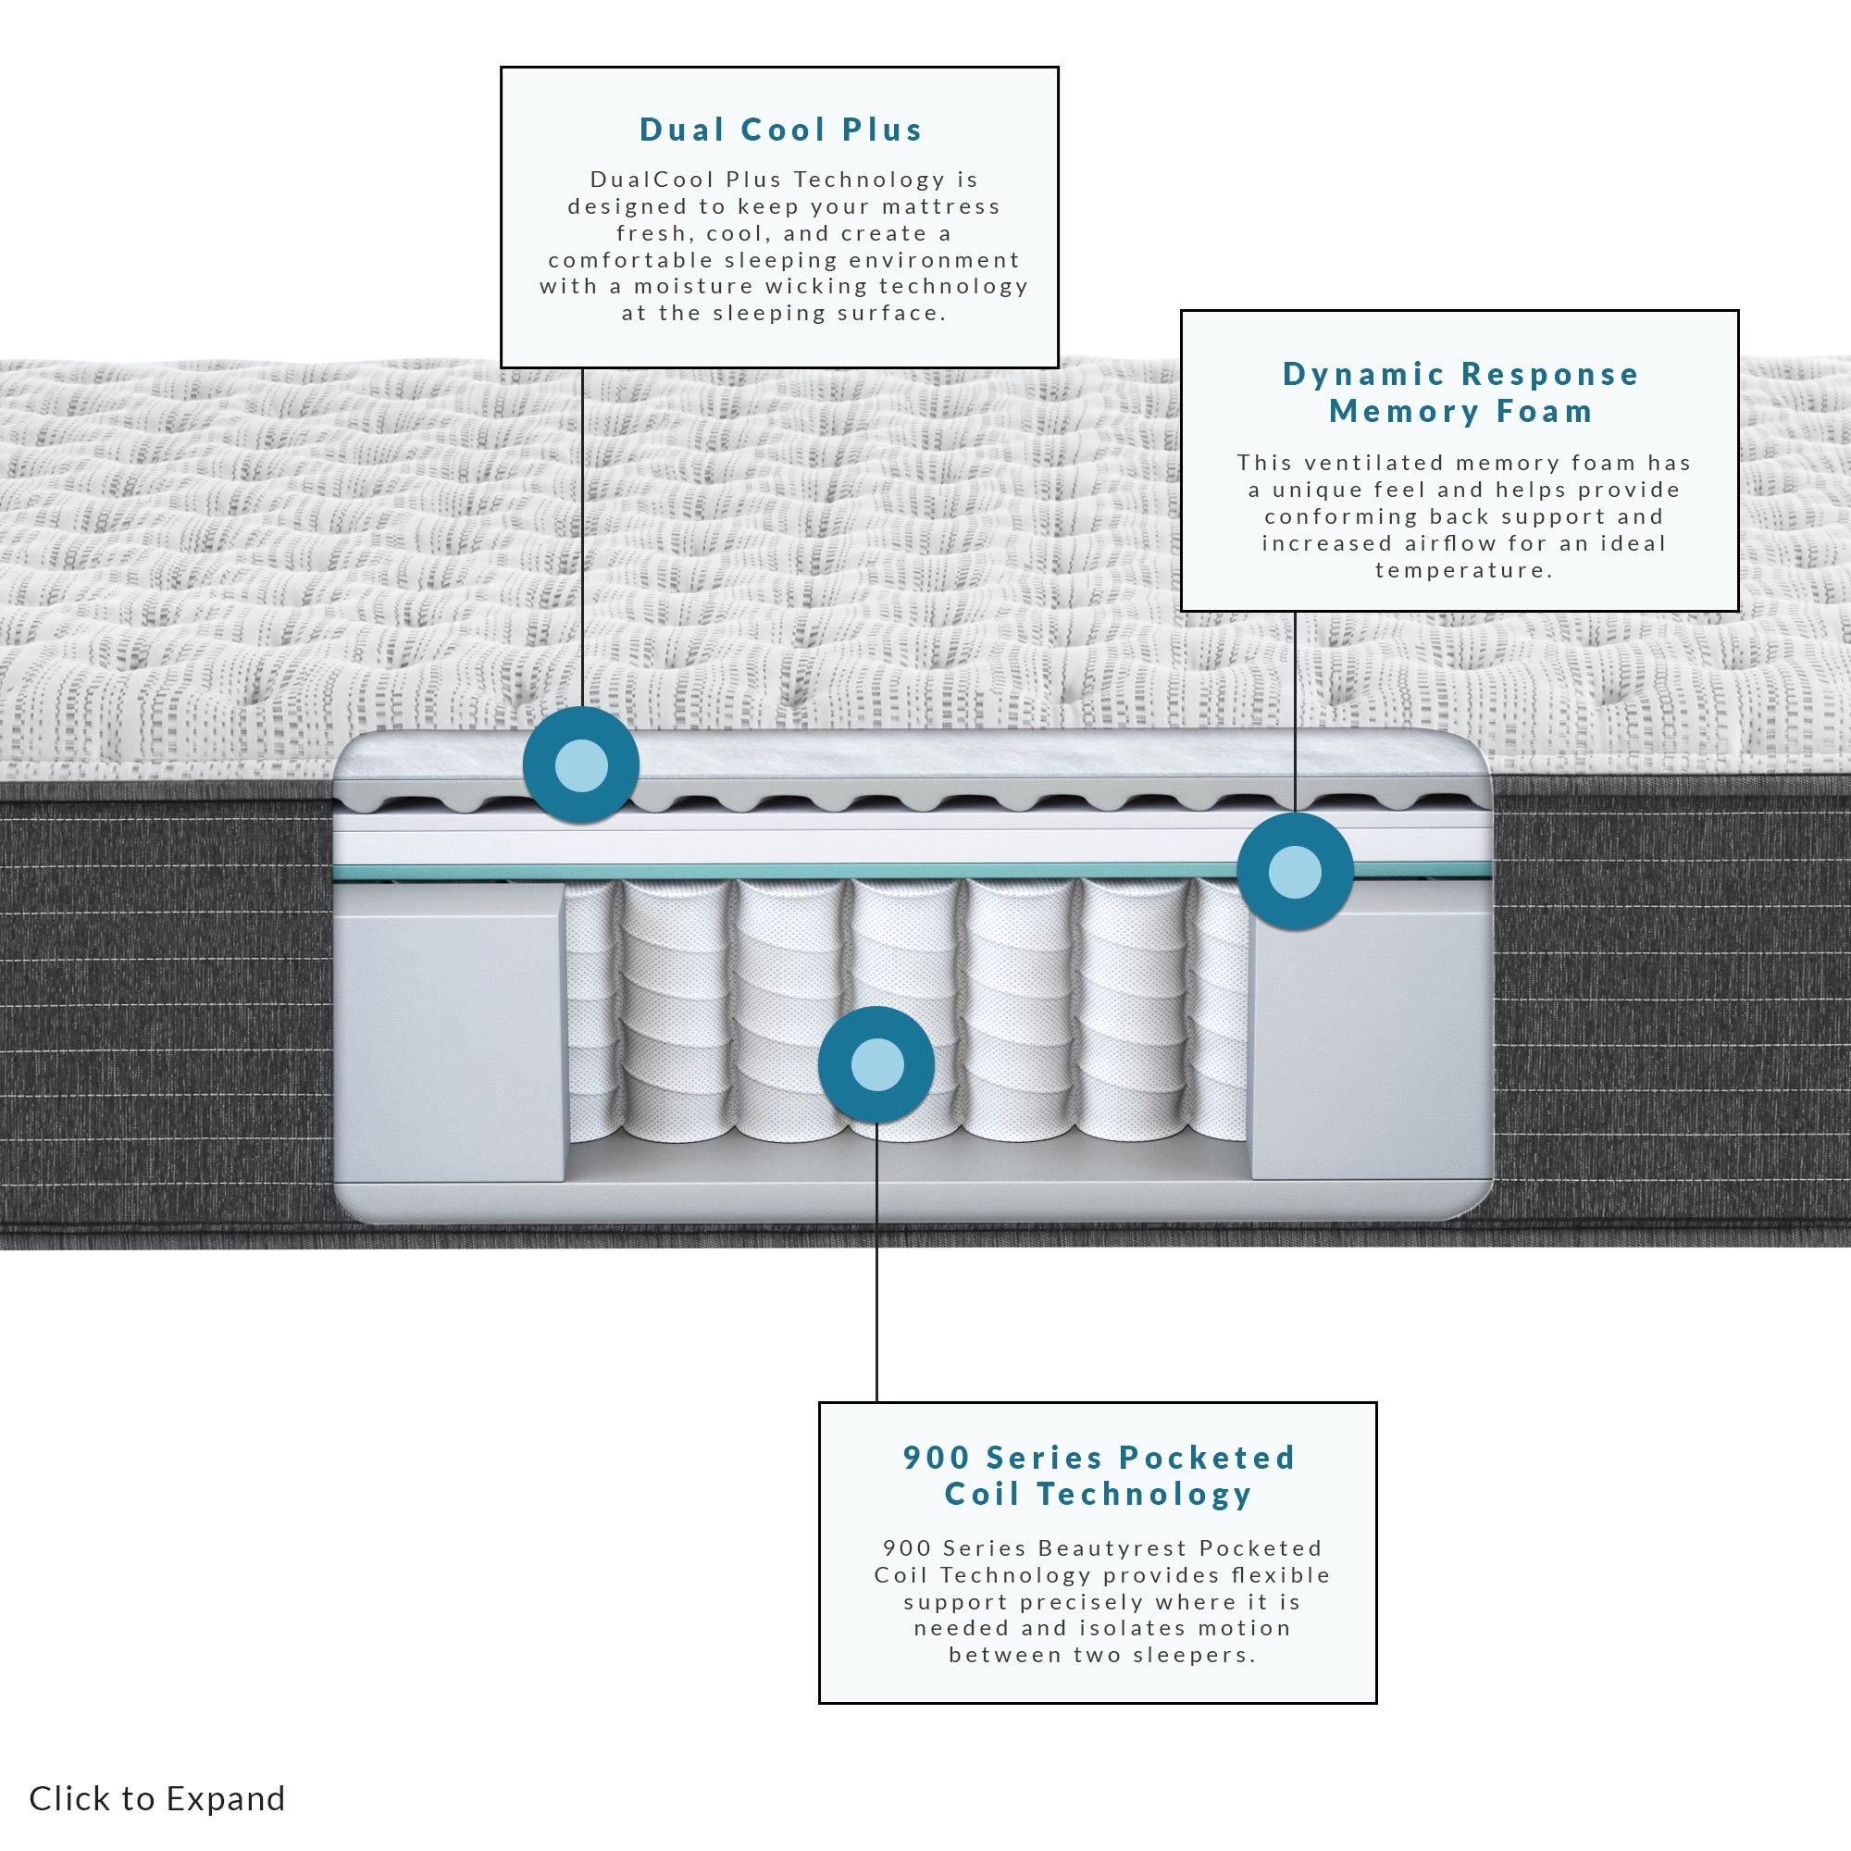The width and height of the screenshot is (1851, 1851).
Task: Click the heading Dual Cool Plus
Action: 780,130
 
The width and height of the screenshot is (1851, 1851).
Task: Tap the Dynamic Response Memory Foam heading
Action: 1460,391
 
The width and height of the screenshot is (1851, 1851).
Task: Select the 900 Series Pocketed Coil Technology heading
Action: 1098,1475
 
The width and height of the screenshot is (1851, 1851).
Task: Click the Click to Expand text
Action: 157,1798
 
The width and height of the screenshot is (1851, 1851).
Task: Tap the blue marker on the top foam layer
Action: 580,765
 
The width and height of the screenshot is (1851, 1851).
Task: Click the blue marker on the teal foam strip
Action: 1295,872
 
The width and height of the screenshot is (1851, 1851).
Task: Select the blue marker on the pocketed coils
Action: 876,1064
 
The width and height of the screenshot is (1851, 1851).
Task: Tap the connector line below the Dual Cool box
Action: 582,538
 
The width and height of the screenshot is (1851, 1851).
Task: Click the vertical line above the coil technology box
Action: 876,1262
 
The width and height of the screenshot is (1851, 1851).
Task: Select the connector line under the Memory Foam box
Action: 1295,713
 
